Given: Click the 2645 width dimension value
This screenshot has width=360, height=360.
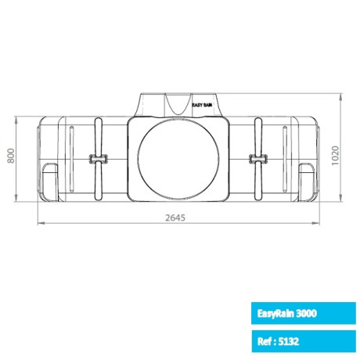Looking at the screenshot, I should click(179, 218).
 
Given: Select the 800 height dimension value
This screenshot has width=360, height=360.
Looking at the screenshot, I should click(11, 157).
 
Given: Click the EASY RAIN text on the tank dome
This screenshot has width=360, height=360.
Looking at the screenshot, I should click(203, 103).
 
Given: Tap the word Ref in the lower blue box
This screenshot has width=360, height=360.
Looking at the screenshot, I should click(265, 341).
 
